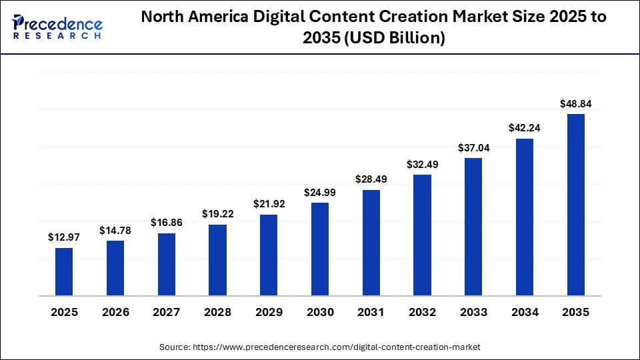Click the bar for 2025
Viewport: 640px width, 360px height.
click(64, 271)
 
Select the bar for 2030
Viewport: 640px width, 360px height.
click(320, 249)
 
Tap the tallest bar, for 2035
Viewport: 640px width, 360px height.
click(576, 204)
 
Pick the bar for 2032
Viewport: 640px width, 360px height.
click(423, 235)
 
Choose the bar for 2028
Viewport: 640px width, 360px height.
click(217, 259)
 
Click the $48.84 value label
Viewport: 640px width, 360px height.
click(576, 103)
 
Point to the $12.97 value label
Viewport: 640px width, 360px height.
click(64, 237)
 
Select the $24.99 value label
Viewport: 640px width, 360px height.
click(320, 192)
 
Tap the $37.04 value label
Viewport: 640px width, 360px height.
click(473, 148)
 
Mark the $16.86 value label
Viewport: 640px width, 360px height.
click(167, 223)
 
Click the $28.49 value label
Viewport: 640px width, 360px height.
click(371, 179)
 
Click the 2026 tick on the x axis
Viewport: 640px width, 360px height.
click(115, 312)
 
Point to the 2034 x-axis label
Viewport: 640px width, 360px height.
click(525, 312)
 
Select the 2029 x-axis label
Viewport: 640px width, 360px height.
click(269, 312)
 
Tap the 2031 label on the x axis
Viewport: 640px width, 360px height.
click(371, 312)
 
